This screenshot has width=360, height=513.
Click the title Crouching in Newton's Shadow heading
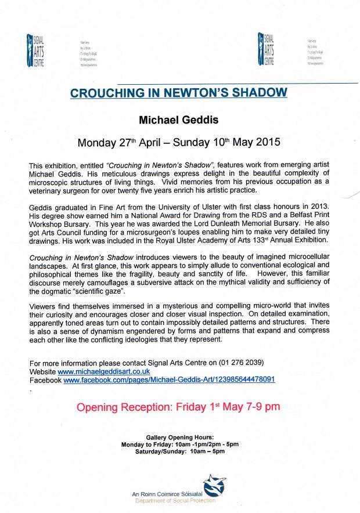point(179,92)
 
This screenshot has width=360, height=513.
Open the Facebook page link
point(169,380)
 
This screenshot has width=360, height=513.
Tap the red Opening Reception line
point(179,407)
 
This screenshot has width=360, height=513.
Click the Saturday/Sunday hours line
point(179,451)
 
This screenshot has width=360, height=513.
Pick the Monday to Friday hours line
point(179,444)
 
